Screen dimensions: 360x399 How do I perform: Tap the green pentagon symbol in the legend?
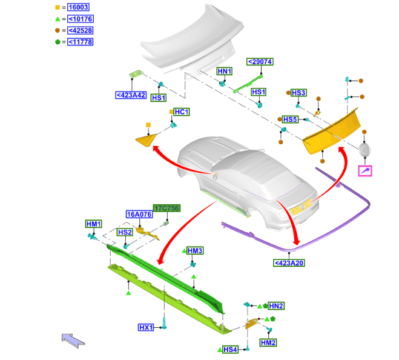click(x=58, y=42)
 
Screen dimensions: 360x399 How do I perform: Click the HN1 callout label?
click(x=225, y=72)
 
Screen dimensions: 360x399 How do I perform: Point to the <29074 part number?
click(x=260, y=62)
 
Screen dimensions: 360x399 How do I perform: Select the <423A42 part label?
click(x=131, y=95)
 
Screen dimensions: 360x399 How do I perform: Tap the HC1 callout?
click(x=182, y=112)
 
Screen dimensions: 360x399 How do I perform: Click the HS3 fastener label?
click(x=299, y=93)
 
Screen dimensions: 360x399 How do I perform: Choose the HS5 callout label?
click(x=291, y=119)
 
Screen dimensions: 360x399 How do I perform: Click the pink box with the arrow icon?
click(x=365, y=171)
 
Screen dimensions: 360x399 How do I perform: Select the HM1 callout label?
click(x=94, y=224)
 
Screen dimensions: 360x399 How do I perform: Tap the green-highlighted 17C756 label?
click(x=167, y=208)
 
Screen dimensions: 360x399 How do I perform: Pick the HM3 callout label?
click(x=195, y=250)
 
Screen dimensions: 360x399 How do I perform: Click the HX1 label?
click(x=147, y=327)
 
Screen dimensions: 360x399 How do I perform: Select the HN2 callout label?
click(x=276, y=306)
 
